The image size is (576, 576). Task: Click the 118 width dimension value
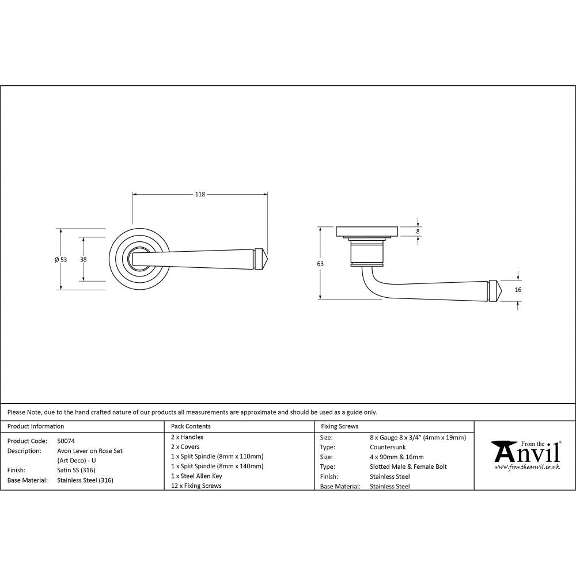tap(199, 195)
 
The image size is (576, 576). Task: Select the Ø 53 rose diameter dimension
tap(60, 260)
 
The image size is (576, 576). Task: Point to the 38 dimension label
tap(84, 260)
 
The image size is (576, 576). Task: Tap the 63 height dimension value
tap(320, 263)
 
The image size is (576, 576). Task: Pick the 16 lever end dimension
tap(518, 290)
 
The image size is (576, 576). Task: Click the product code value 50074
tap(66, 441)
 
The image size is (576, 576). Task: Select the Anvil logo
tap(525, 452)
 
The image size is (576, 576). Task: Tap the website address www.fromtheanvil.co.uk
tap(526, 467)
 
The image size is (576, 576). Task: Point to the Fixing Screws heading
tap(339, 426)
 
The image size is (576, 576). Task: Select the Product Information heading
tap(36, 426)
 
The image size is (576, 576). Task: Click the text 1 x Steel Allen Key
tap(196, 476)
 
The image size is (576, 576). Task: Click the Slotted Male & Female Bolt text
tap(408, 467)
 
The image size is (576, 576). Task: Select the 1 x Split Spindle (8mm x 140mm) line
tap(217, 466)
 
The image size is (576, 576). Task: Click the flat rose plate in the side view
tap(366, 231)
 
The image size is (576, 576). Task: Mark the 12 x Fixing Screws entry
tap(196, 486)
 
